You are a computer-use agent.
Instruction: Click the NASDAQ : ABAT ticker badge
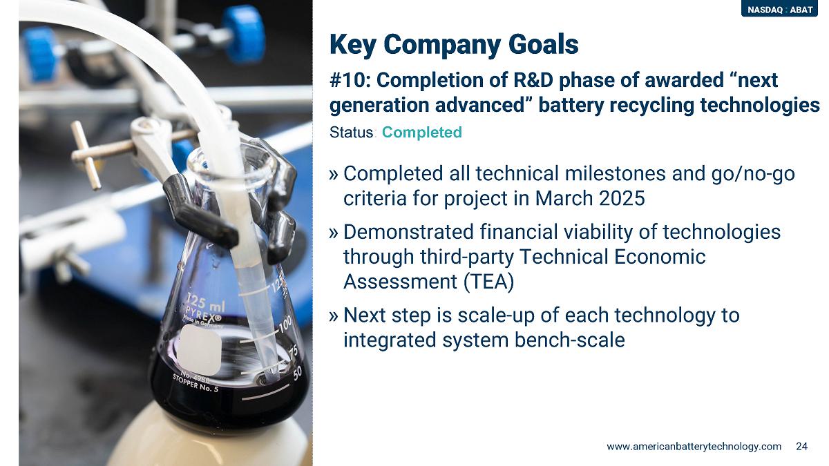point(779,9)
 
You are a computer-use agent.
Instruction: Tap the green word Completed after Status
point(422,132)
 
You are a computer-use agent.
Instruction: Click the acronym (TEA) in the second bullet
point(488,282)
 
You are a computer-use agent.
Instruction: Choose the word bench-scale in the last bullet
point(569,340)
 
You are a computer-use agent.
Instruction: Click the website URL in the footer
point(694,447)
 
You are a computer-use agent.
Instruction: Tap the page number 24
point(801,447)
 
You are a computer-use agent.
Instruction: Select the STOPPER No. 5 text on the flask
point(195,383)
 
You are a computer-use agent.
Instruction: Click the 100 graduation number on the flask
point(285,325)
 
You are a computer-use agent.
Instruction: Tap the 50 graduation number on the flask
point(297,373)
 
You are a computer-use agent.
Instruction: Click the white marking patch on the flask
point(199,350)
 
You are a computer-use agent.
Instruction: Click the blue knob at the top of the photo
point(245,33)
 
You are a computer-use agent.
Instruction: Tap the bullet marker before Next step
point(334,316)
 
